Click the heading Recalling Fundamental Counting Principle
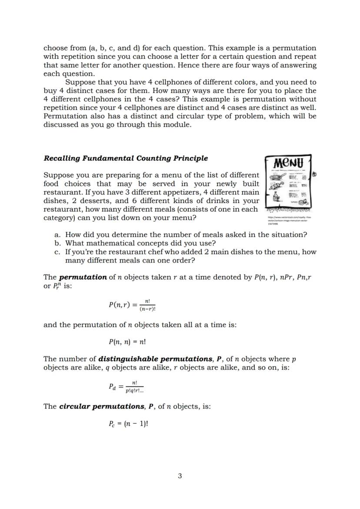pos(126,158)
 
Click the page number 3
pos(180,476)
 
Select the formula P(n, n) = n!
pos(127,342)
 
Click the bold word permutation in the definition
pos(83,277)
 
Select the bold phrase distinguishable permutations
pos(155,359)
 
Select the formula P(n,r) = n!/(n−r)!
pos(132,305)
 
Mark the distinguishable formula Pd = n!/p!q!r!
pos(126,386)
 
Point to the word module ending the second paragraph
pos(177,125)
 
